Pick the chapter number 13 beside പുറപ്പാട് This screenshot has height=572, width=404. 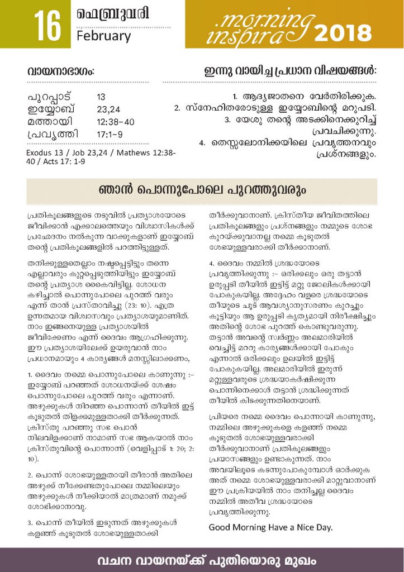(x=101, y=96)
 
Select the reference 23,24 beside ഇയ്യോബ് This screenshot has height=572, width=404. (x=107, y=109)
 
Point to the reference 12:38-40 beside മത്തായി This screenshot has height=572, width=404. (x=115, y=121)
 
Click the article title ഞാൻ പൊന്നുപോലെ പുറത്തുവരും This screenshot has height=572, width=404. (x=202, y=190)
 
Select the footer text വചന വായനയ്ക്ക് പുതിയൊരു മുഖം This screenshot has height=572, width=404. (x=202, y=559)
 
